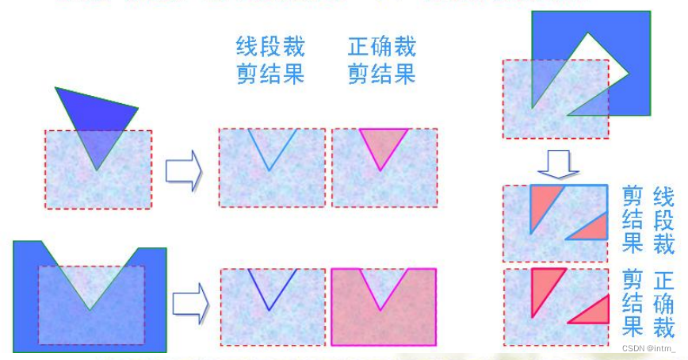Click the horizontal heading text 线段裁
click(x=270, y=46)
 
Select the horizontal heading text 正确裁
click(x=382, y=46)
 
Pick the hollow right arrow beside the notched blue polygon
click(x=189, y=301)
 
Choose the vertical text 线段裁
click(x=663, y=220)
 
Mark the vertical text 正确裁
click(x=663, y=304)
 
